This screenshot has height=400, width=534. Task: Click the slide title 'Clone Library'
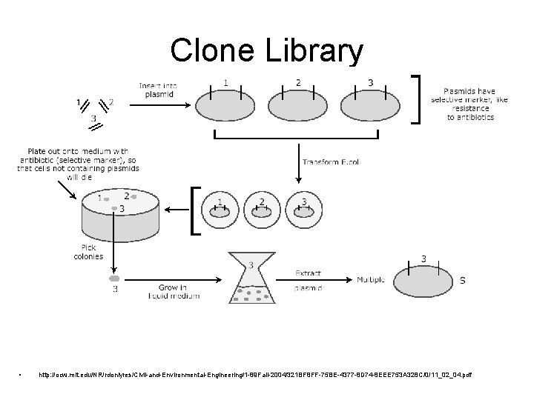click(x=266, y=50)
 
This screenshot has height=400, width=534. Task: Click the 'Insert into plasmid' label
click(x=156, y=90)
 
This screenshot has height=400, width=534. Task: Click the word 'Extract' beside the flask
click(x=309, y=272)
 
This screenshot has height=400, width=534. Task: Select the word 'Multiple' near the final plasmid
click(x=371, y=280)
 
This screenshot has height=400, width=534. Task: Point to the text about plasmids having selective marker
click(x=474, y=100)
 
